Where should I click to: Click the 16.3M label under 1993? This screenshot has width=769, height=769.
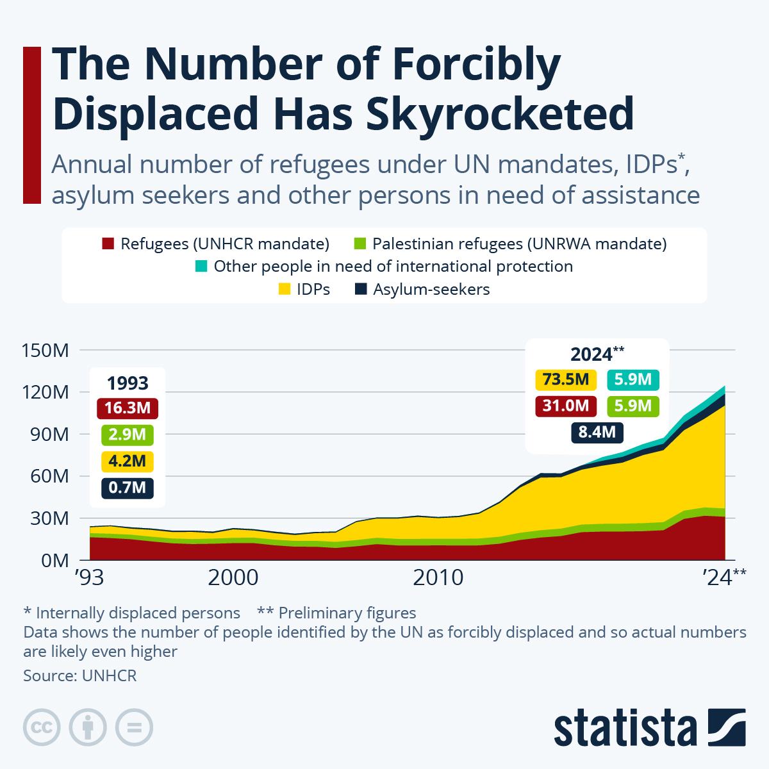click(128, 408)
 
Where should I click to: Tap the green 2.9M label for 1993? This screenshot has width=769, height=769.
click(128, 434)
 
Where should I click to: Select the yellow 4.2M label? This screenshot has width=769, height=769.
click(128, 461)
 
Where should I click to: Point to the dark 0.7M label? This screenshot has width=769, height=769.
click(128, 488)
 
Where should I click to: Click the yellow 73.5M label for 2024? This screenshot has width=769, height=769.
click(566, 379)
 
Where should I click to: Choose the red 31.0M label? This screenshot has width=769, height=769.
click(566, 406)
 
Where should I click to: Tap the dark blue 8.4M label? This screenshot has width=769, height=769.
click(597, 432)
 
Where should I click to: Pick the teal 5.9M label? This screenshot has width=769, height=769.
click(633, 379)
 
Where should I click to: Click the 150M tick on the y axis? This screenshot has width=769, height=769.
click(45, 351)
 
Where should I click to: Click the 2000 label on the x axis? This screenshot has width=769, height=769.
click(233, 577)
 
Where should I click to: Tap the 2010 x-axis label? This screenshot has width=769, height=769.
click(438, 577)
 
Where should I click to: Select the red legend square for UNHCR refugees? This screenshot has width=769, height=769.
click(108, 244)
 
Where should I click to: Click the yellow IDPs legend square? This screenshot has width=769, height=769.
click(284, 290)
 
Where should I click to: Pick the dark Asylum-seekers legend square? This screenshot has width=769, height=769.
click(361, 290)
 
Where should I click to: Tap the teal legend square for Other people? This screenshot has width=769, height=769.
click(201, 267)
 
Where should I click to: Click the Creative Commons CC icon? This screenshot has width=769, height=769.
click(42, 727)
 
